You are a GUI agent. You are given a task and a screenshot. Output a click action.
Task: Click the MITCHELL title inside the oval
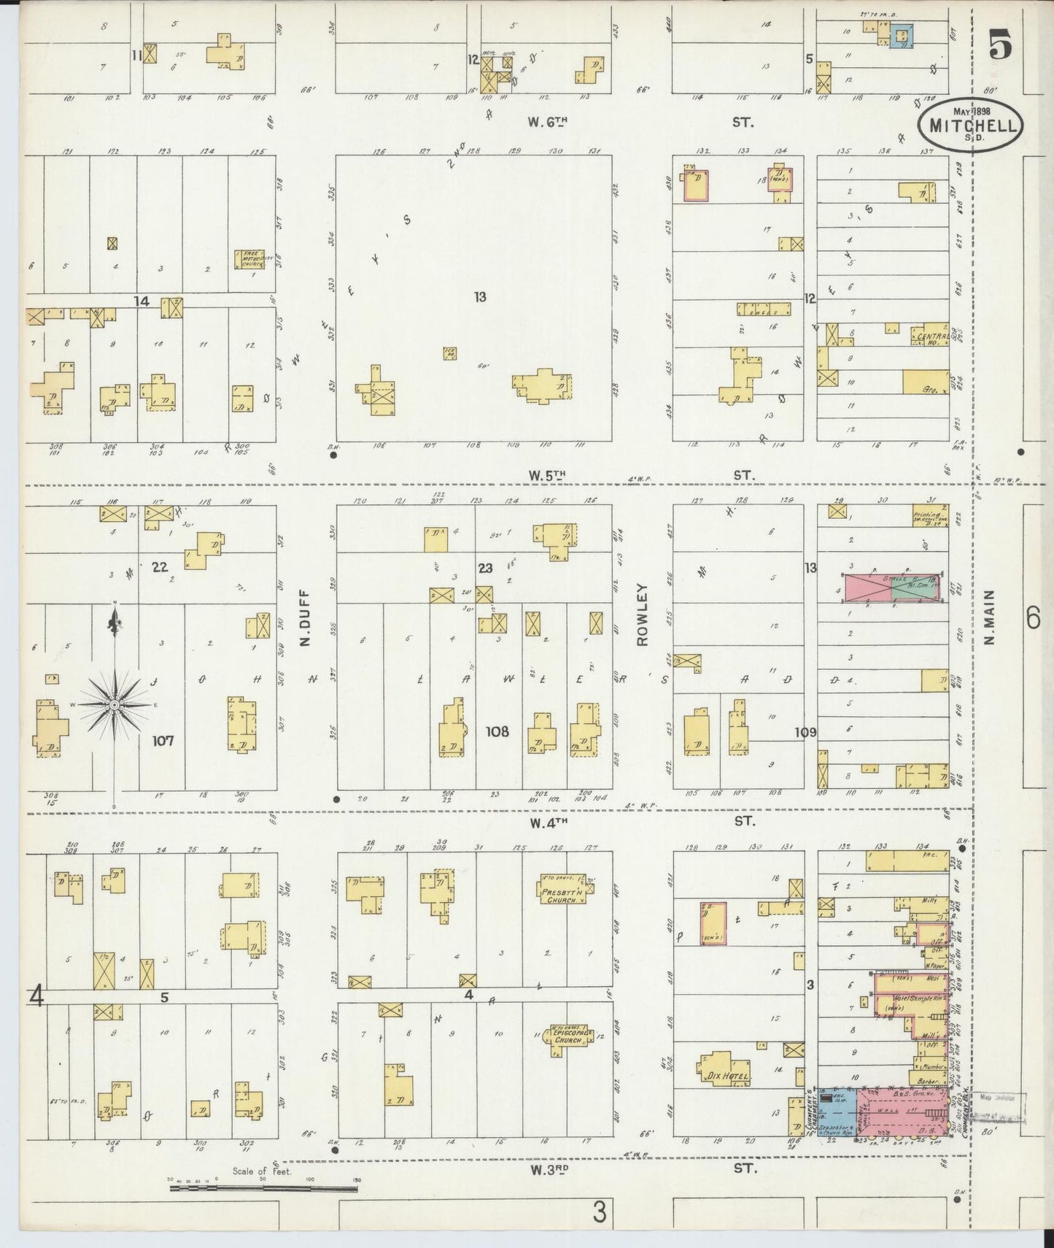[973, 125]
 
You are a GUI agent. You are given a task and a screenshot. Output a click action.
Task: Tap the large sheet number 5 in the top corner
[1001, 47]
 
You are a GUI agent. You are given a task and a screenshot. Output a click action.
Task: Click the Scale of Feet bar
[263, 1189]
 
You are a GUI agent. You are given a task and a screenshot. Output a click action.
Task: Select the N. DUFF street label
[305, 619]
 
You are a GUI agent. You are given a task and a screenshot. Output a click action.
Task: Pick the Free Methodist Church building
[249, 259]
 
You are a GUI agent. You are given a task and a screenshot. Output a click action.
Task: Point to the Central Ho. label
[931, 336]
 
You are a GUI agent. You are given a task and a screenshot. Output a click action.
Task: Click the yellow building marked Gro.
[926, 382]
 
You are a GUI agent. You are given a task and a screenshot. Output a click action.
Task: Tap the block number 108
[497, 731]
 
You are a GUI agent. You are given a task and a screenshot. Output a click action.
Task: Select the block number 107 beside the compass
[163, 741]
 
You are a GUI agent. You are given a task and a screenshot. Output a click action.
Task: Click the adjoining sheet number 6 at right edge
[1033, 620]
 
